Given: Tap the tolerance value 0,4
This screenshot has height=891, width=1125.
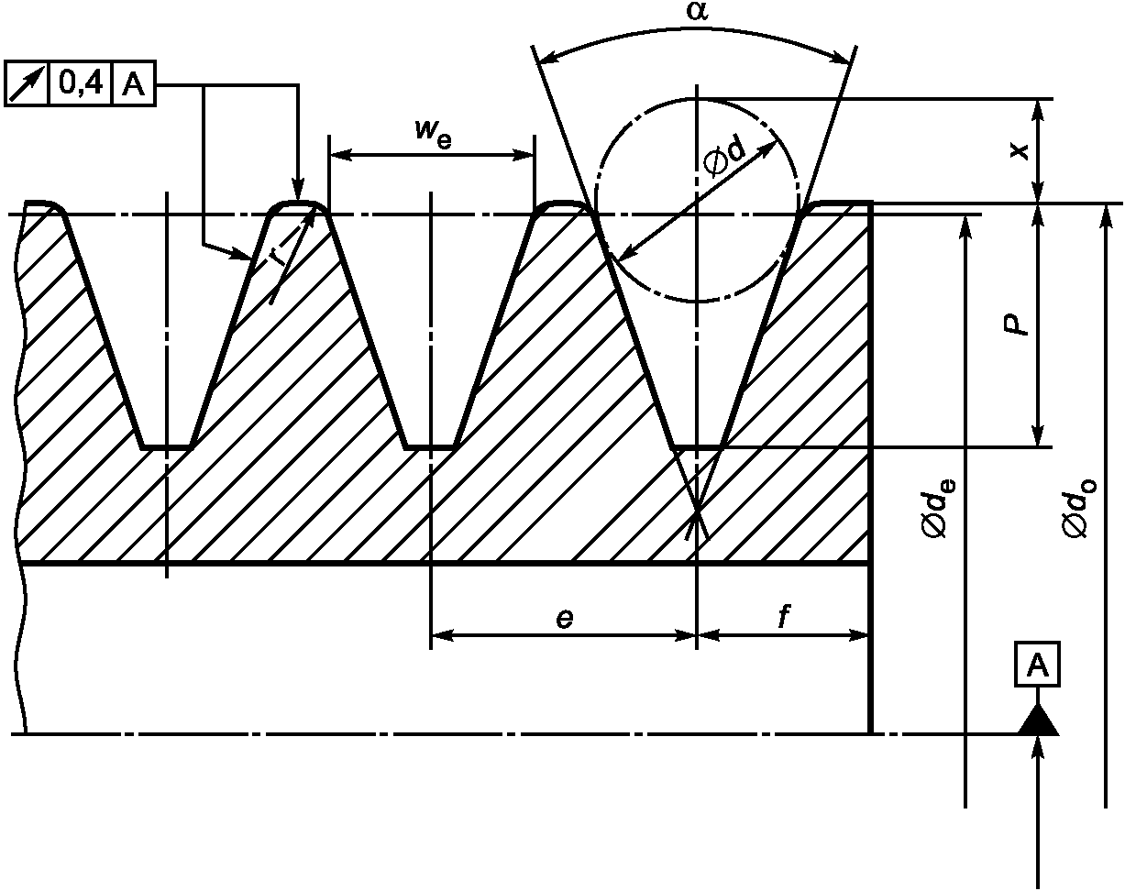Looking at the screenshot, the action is pyautogui.click(x=81, y=83).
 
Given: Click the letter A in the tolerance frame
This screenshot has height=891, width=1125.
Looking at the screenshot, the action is pyautogui.click(x=133, y=83).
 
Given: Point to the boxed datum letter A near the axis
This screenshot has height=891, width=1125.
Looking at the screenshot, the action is pyautogui.click(x=1038, y=663).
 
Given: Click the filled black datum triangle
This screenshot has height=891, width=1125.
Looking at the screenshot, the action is pyautogui.click(x=1038, y=721).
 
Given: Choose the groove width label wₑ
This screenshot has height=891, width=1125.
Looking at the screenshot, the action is pyautogui.click(x=433, y=132).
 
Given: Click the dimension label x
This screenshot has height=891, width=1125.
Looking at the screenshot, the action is pyautogui.click(x=1019, y=151).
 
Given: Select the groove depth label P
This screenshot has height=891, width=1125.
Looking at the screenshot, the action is pyautogui.click(x=1017, y=324).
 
